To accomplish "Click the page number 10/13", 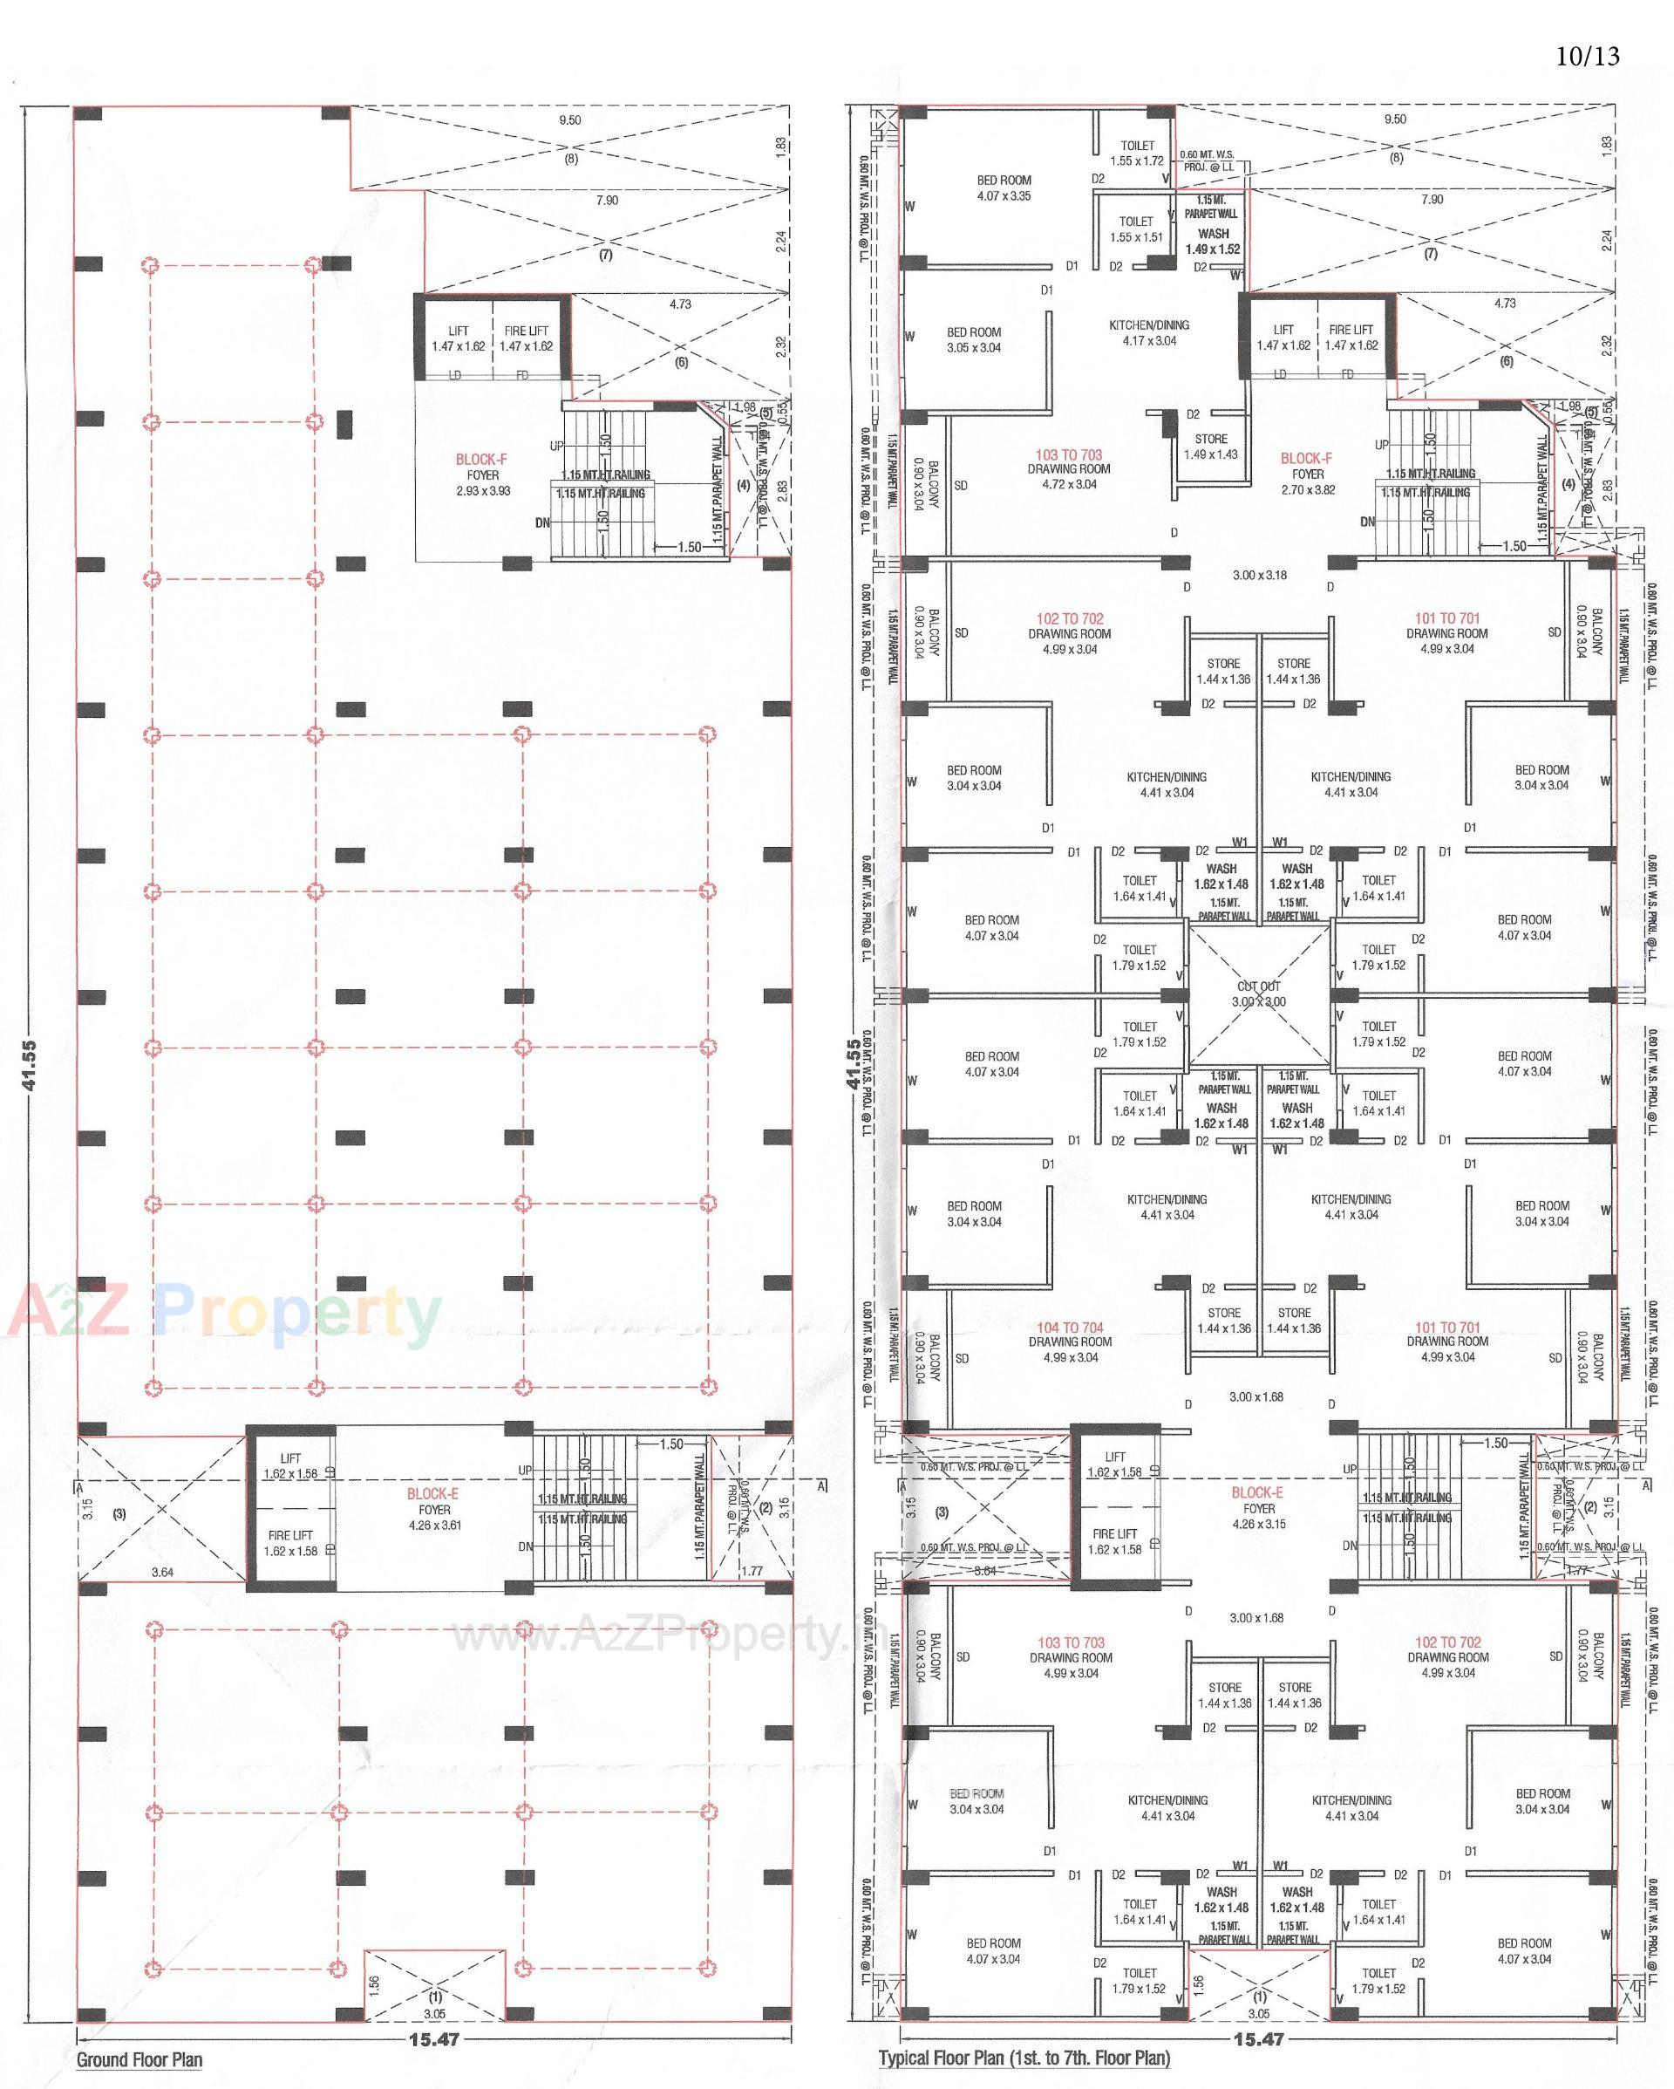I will (1587, 56).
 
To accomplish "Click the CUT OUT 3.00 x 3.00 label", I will (1258, 994).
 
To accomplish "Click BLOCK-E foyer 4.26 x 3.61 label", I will (434, 1510).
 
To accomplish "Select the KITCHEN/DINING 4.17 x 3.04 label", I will (1149, 332).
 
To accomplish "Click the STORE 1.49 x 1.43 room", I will (1211, 447).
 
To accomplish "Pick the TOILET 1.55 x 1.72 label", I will (1137, 154).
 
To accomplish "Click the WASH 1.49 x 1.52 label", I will (1213, 242).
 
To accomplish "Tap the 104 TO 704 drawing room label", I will (1070, 1342).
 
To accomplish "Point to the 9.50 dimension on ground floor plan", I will (570, 120).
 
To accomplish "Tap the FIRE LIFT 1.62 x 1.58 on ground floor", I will (289, 1544).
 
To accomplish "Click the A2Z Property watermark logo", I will (223, 1314).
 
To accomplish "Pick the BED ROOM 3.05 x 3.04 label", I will (974, 340).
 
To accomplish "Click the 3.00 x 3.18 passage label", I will (1259, 576).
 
